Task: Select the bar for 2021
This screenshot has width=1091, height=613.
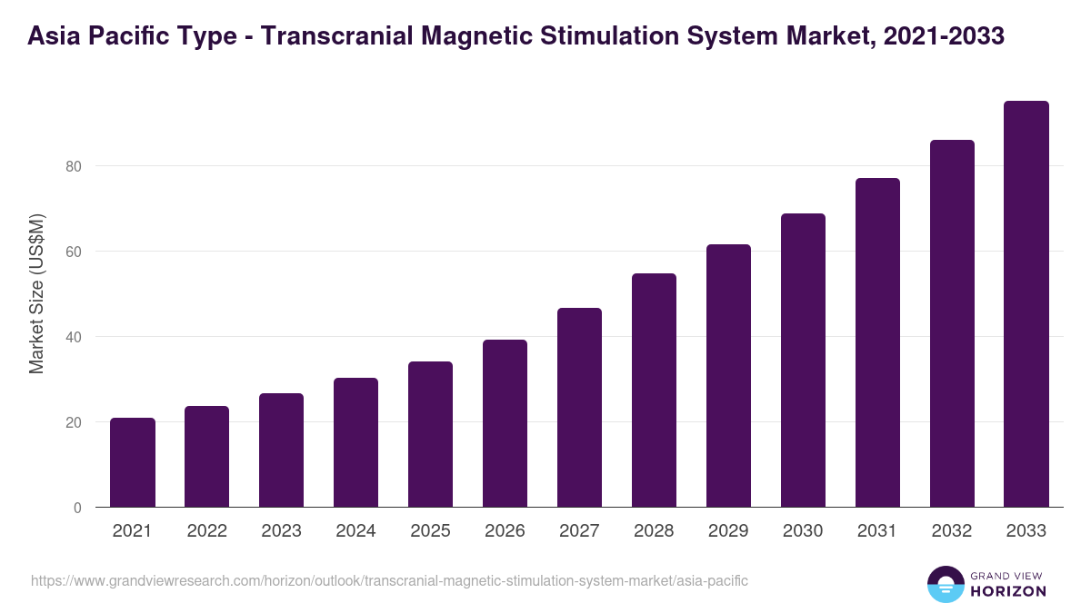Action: point(133,463)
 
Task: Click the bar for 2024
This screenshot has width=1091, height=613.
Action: point(355,443)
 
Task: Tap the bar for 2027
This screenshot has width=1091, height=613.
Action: point(579,408)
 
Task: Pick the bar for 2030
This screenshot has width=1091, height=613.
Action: point(803,361)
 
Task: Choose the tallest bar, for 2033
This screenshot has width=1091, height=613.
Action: point(1026,304)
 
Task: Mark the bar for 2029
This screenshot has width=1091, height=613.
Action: point(728,376)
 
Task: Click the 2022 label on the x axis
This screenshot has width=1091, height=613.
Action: point(207,531)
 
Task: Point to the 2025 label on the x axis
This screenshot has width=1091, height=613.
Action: point(430,531)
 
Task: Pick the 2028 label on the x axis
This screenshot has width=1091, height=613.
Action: point(654,531)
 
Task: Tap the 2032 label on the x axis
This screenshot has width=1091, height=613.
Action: point(952,531)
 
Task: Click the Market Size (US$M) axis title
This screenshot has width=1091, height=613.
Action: point(36,293)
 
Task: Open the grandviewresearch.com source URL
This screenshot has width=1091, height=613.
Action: point(389,580)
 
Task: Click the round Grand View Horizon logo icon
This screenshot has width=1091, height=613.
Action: point(946,584)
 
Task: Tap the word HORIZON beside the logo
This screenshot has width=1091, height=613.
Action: point(1009,591)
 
